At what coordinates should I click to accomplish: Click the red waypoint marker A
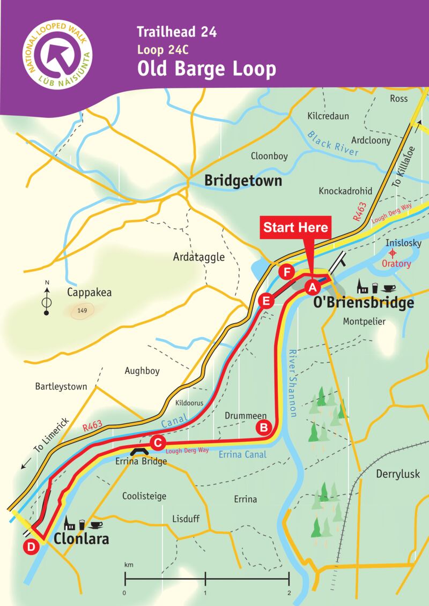click(310, 288)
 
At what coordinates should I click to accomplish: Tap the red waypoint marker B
click(264, 427)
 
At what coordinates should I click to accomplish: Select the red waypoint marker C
click(157, 443)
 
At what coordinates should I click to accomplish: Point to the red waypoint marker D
click(31, 547)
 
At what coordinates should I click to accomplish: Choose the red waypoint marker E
click(265, 301)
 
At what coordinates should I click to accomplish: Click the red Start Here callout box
click(294, 227)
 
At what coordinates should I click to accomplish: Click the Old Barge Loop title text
click(206, 69)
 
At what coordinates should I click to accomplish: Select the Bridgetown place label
click(243, 182)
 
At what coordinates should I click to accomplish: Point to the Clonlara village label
click(82, 538)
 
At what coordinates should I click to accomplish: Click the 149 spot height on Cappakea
click(82, 310)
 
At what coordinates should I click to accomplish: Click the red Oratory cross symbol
click(393, 253)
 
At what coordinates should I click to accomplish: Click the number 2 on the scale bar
click(289, 593)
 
